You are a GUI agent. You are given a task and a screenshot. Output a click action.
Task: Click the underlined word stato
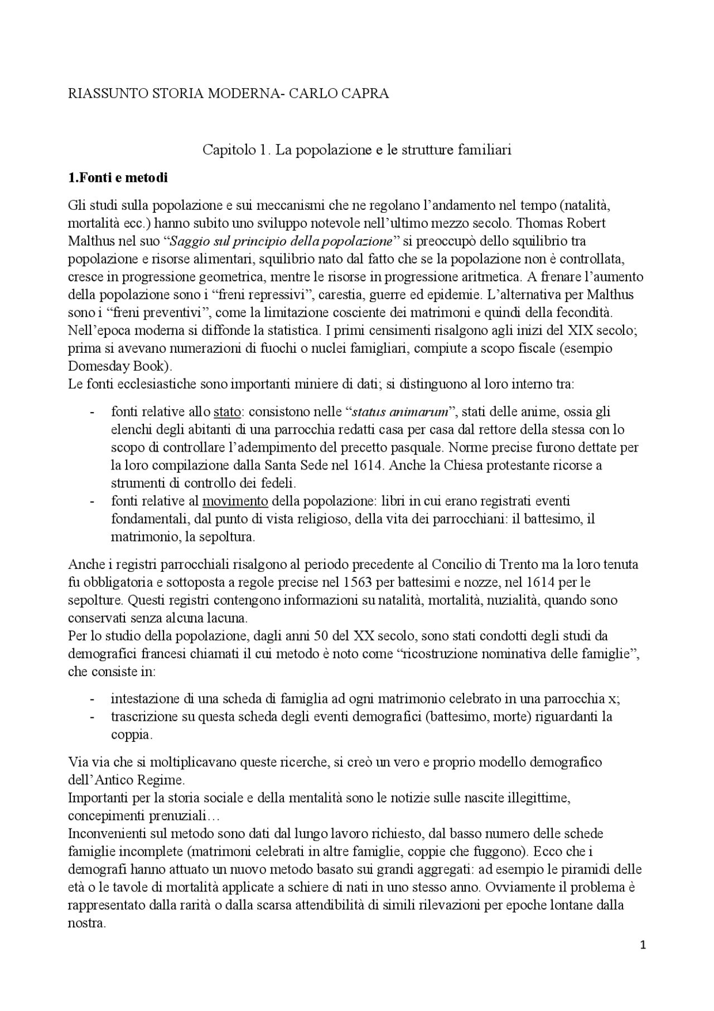[227, 412]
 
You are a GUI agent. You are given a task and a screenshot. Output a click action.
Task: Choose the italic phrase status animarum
[400, 412]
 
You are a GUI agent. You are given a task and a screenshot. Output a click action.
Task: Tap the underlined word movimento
[235, 501]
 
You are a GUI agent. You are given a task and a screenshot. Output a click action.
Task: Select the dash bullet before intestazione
[92, 699]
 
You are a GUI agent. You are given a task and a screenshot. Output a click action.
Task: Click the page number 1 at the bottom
[643, 945]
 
